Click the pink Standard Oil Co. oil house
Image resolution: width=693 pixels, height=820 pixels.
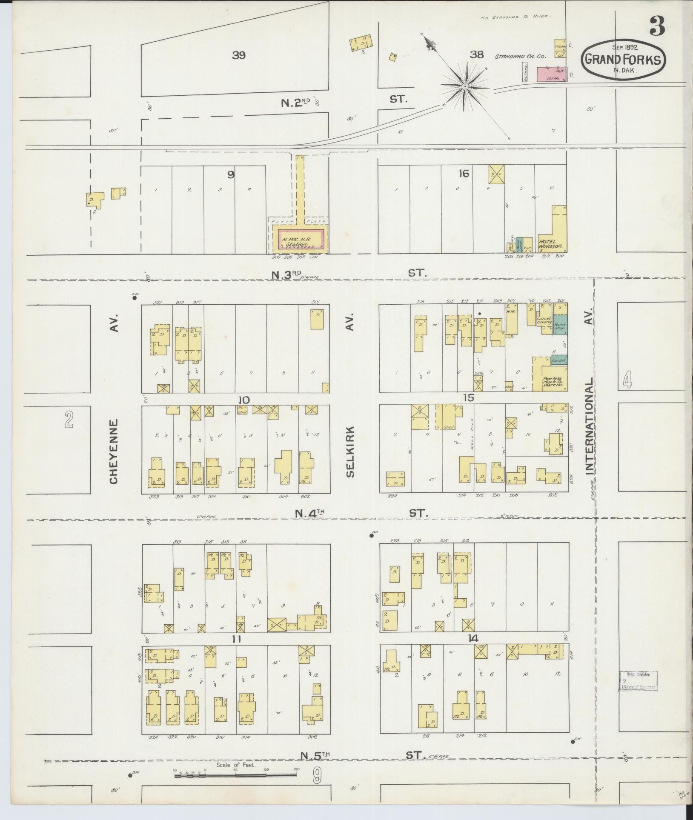point(551,74)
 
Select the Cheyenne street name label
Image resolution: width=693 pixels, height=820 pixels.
point(114,451)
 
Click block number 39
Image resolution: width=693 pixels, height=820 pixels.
point(239,55)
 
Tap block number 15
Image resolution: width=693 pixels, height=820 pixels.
point(469,398)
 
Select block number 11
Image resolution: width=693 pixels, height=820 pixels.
point(237,639)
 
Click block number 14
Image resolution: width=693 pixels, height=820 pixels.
point(472,638)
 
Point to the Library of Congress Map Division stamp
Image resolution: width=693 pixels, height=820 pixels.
point(638,693)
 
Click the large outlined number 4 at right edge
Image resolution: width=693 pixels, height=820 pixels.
point(627,380)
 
